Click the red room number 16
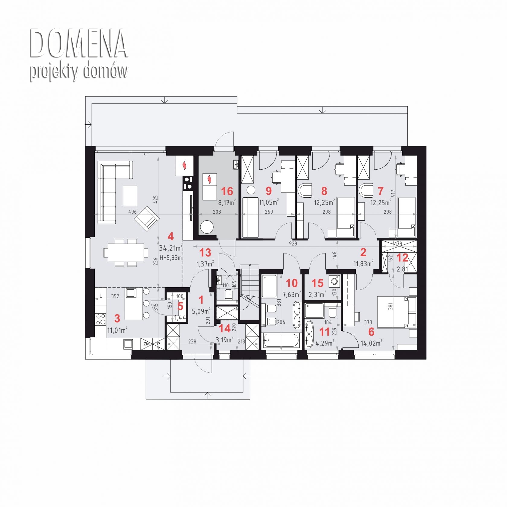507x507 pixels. point(227,191)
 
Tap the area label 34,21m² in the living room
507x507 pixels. point(171,248)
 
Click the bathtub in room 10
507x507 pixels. point(281,341)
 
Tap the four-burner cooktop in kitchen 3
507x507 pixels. point(101,319)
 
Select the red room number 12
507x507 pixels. point(402,257)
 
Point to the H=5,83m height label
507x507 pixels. point(171,258)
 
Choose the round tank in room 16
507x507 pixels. point(207,227)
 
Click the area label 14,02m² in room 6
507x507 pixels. point(371,343)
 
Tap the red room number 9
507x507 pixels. point(268,191)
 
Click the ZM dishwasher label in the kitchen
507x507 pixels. point(147,344)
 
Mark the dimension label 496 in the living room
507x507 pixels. point(132,212)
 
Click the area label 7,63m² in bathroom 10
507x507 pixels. point(292,294)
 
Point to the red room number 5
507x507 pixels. point(180,306)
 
